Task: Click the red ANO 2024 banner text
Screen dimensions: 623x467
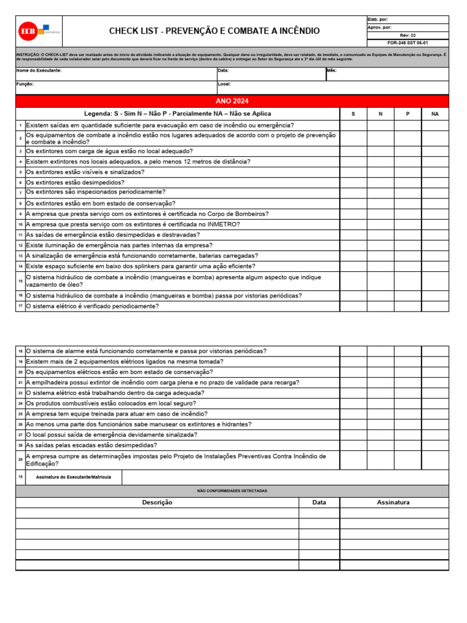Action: pos(232,101)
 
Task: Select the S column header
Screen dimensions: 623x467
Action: pos(353,114)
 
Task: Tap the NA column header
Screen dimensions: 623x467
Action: pos(435,114)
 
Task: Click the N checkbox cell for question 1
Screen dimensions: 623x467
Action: pos(380,125)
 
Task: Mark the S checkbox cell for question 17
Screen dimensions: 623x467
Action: pos(353,306)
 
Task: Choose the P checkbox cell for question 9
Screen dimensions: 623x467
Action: pos(407,214)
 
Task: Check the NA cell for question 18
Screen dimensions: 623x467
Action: pos(435,351)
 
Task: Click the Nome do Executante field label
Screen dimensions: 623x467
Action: pos(38,71)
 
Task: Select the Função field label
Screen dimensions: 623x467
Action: pos(24,84)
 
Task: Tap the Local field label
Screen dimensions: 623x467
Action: pos(224,84)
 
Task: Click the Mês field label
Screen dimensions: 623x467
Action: pos(331,71)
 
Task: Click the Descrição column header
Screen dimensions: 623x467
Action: pos(157,503)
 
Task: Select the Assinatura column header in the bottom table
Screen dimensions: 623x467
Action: pos(393,503)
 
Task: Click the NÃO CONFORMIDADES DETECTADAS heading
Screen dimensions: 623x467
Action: pos(232,490)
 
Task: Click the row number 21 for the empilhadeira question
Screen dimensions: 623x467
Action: pos(20,383)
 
